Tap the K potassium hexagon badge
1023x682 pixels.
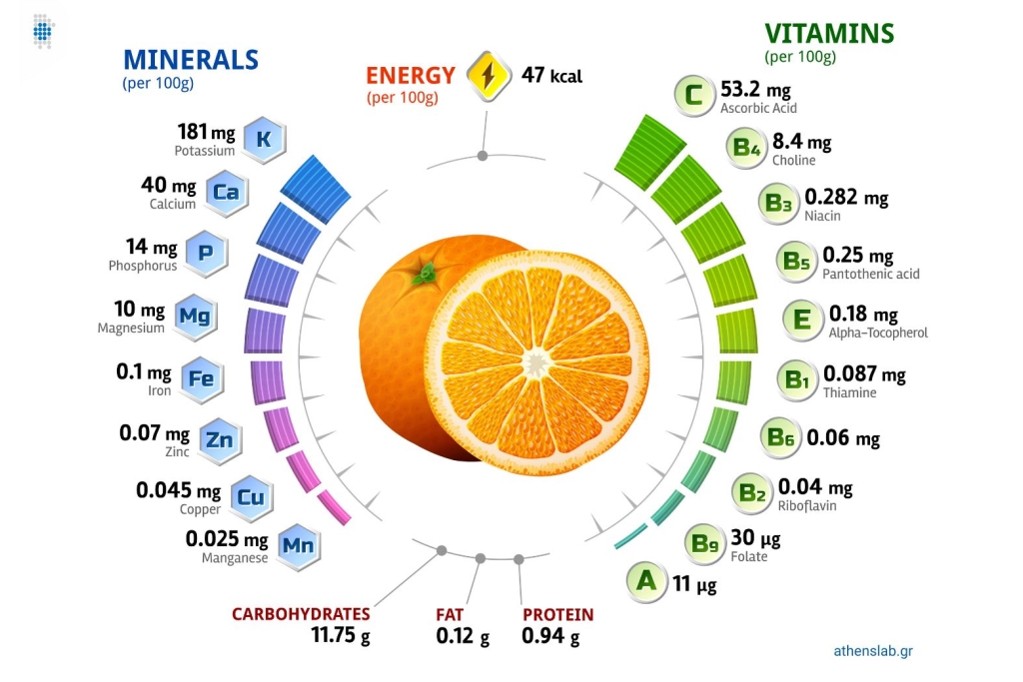[x=264, y=140]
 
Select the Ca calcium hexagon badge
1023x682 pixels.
[x=227, y=193]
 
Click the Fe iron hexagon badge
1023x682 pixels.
[x=201, y=379]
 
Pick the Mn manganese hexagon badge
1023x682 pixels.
[x=299, y=546]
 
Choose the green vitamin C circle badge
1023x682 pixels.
[x=693, y=96]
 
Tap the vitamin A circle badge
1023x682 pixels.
[x=646, y=580]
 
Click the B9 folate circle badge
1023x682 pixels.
[x=706, y=544]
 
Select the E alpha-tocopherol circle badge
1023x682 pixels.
[x=802, y=320]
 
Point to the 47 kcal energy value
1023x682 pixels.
[x=551, y=75]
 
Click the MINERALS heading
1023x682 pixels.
[x=190, y=59]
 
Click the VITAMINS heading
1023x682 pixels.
[x=828, y=33]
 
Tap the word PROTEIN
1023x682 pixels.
[x=557, y=615]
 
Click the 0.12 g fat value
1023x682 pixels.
[x=463, y=635]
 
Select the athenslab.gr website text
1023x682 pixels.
[x=872, y=651]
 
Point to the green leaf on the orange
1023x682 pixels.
[x=426, y=270]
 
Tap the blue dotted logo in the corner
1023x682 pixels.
[x=42, y=31]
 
